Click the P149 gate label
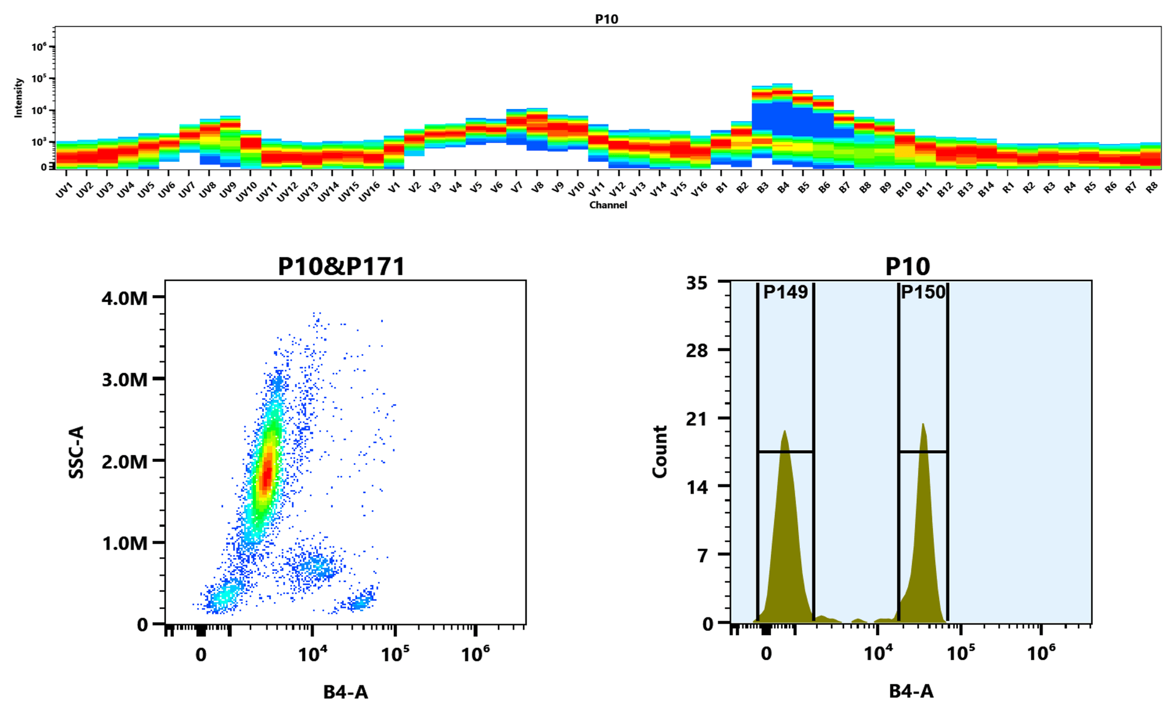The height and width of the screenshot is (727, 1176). (785, 292)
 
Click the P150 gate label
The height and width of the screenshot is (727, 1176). (923, 292)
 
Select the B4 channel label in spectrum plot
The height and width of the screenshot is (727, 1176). (783, 188)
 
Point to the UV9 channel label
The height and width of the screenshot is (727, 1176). (227, 190)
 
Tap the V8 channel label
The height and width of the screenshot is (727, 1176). (537, 188)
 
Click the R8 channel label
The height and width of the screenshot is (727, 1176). (1151, 188)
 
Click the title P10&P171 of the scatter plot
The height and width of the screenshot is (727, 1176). (341, 266)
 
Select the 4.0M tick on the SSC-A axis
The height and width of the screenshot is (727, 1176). (124, 298)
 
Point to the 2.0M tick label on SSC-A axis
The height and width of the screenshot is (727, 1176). (124, 462)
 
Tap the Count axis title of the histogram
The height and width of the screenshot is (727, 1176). (659, 452)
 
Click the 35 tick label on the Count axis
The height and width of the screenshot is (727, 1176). (696, 283)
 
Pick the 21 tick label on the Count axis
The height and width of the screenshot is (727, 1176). (696, 419)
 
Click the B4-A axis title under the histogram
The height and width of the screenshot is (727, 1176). (911, 691)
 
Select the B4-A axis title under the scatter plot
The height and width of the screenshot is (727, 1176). (345, 692)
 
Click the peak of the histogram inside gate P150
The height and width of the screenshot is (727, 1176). (922, 424)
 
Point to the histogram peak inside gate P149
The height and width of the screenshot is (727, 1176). (784, 431)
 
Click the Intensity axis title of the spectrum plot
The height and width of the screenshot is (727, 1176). (18, 97)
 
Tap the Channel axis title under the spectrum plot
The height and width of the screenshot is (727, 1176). (608, 205)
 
